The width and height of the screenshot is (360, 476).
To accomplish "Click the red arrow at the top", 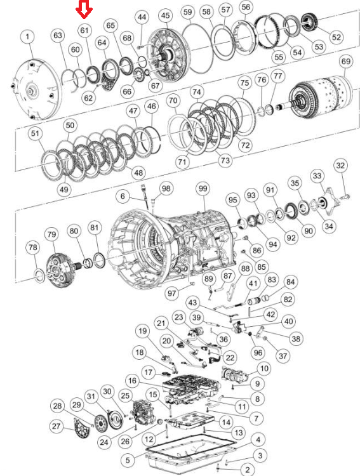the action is pyautogui.click(x=84, y=9).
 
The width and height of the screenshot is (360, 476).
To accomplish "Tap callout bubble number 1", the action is pyautogui.click(x=28, y=37).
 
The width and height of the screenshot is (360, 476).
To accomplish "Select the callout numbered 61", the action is pyautogui.click(x=84, y=30).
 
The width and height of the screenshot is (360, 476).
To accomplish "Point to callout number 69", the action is pyautogui.click(x=346, y=62).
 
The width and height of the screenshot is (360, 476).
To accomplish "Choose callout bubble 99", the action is pyautogui.click(x=203, y=189).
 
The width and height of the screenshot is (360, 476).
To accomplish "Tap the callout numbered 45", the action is pyautogui.click(x=166, y=16).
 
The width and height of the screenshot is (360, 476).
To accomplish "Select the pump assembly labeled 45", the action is pyautogui.click(x=169, y=55).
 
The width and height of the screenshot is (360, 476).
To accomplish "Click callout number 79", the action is pyautogui.click(x=51, y=235).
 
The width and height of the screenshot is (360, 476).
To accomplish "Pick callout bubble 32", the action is pyautogui.click(x=341, y=166).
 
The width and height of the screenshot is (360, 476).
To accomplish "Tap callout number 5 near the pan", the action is pyautogui.click(x=128, y=460).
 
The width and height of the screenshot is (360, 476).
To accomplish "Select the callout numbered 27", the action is pyautogui.click(x=57, y=426).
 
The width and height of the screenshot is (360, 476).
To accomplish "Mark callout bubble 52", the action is pyautogui.click(x=337, y=37).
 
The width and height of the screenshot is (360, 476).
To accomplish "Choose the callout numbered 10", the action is pyautogui.click(x=264, y=369).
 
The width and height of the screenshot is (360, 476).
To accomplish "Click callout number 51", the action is pyautogui.click(x=36, y=133).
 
